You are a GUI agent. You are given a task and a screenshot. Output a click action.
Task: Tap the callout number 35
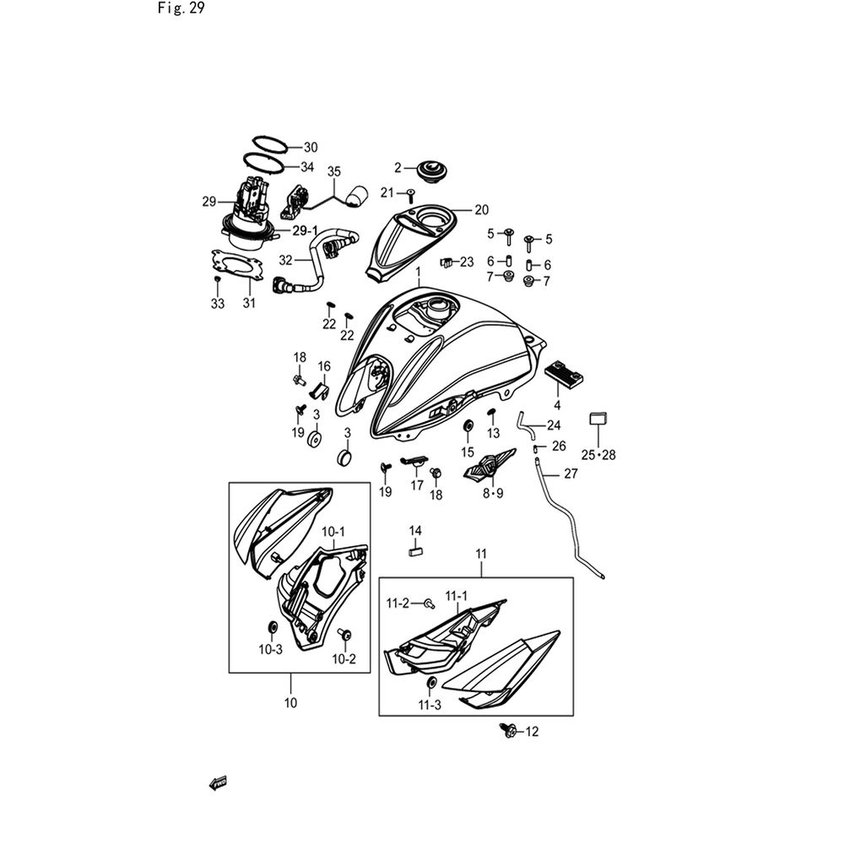(x=333, y=171)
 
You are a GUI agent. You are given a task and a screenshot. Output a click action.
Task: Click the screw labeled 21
(x=410, y=195)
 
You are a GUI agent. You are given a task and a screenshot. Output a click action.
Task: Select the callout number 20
(x=481, y=209)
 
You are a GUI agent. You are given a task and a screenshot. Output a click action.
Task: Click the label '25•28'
(x=598, y=455)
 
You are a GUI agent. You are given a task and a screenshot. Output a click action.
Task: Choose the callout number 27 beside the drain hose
(x=571, y=474)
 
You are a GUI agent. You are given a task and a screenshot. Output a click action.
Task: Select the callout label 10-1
(x=334, y=532)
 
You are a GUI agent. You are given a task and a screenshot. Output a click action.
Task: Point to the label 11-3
(x=430, y=705)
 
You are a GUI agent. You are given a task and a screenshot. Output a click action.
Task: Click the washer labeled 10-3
(x=273, y=628)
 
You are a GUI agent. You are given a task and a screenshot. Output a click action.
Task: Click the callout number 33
(x=218, y=304)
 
